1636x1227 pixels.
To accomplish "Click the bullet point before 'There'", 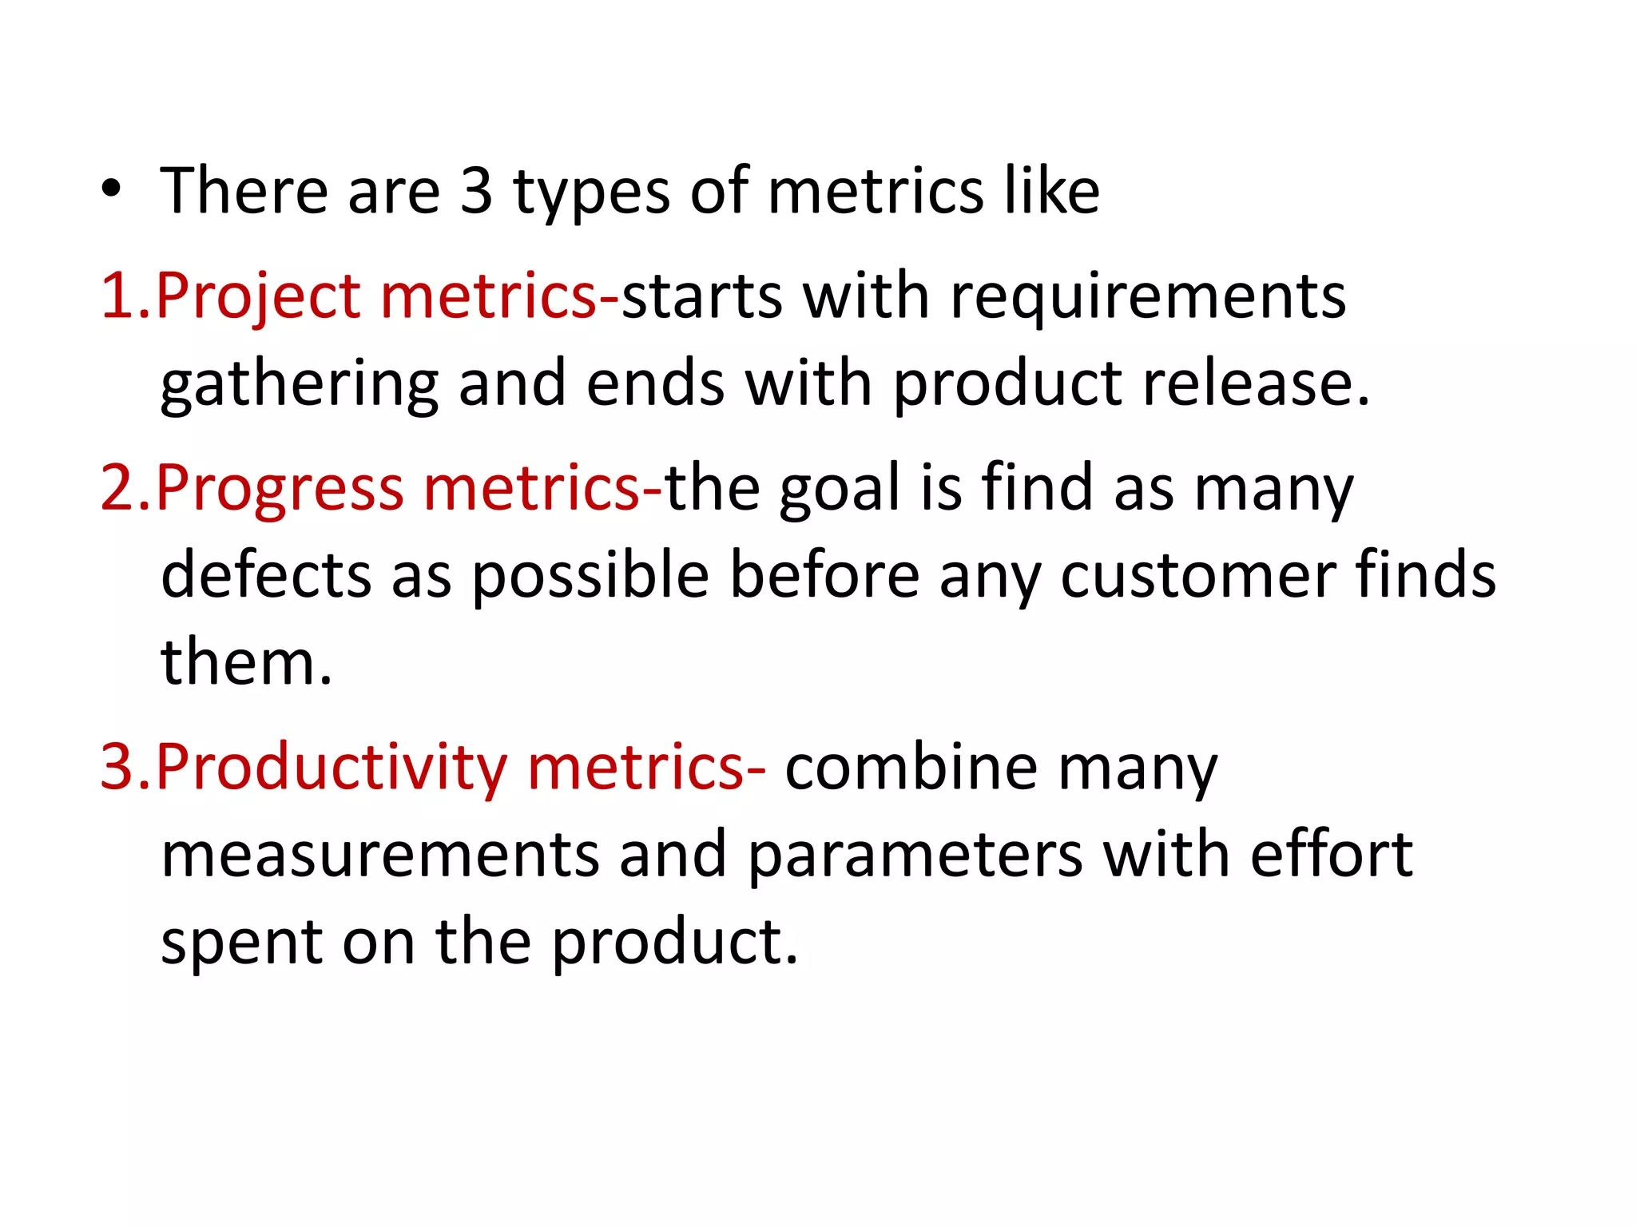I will (111, 190).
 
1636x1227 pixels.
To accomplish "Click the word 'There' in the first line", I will (244, 192).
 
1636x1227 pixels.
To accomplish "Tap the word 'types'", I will (591, 193).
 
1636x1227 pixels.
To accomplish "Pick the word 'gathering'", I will (300, 385).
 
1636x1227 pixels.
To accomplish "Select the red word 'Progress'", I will (279, 489).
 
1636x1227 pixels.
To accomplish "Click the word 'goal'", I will (839, 489).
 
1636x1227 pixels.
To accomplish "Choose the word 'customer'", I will (1197, 575).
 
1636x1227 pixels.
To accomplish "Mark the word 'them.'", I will (246, 663).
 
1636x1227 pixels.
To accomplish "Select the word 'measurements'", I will (380, 855).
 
